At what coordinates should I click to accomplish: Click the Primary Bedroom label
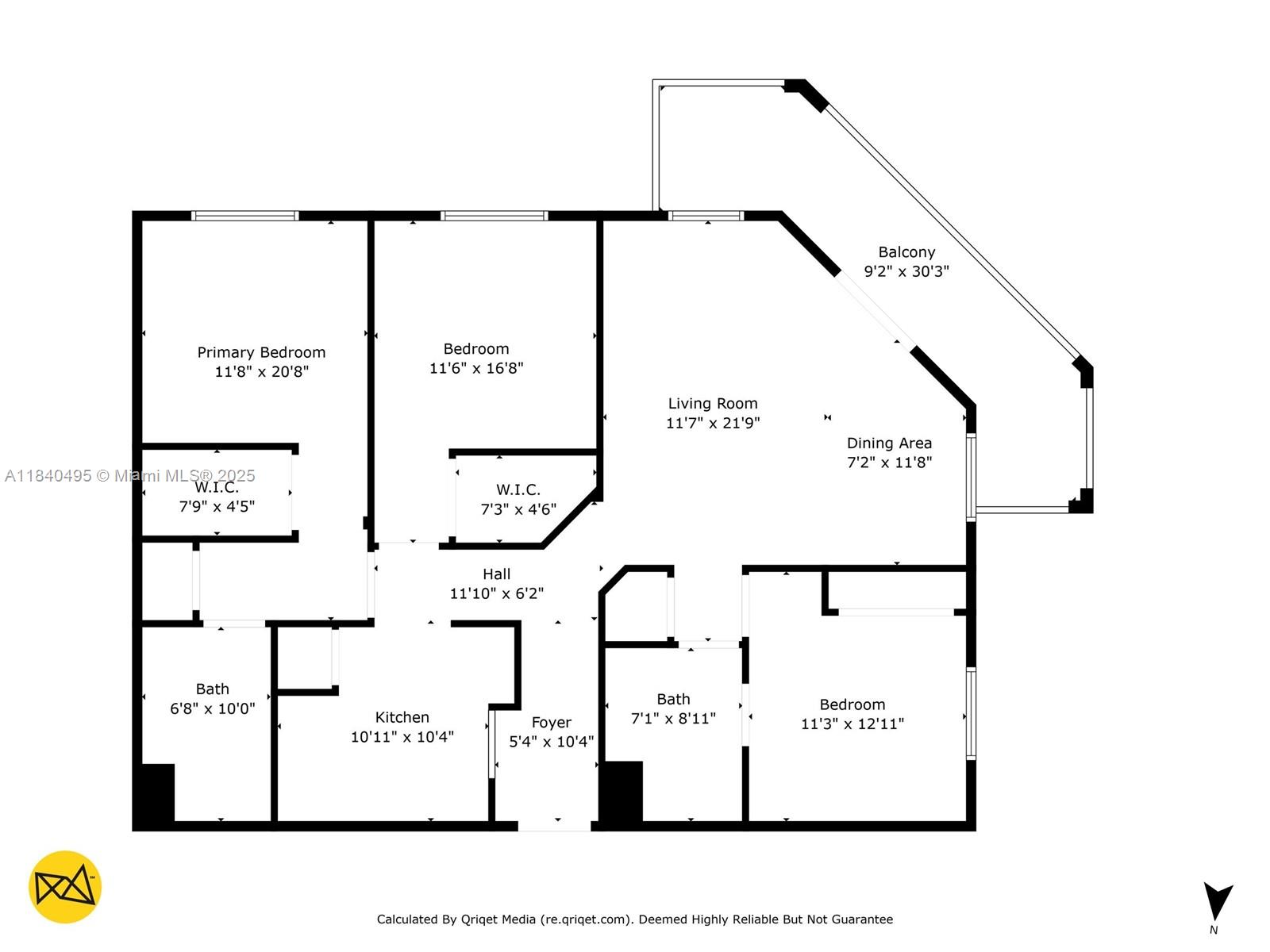(x=261, y=352)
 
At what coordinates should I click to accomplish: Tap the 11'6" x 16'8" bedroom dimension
(x=476, y=368)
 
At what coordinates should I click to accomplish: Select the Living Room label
(x=712, y=404)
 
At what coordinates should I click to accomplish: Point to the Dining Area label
(x=889, y=443)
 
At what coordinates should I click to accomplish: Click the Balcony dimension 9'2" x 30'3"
(x=906, y=271)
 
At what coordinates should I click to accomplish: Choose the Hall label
(x=496, y=574)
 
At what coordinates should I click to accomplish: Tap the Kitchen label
(x=402, y=717)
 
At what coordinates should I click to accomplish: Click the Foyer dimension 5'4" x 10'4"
(x=551, y=742)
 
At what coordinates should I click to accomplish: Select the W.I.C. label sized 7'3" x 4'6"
(x=518, y=490)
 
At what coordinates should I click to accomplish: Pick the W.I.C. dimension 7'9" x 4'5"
(x=217, y=506)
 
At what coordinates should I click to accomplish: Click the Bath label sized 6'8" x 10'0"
(x=212, y=689)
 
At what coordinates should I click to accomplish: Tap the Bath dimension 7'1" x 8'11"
(x=673, y=719)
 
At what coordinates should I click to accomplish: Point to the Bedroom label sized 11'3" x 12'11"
(x=852, y=704)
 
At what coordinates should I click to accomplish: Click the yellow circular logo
(x=65, y=887)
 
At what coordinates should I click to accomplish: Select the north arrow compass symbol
(x=1216, y=903)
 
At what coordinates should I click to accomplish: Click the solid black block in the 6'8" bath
(x=158, y=793)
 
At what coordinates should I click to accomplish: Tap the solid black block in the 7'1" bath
(x=623, y=791)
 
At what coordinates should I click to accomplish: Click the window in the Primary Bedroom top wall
(x=244, y=216)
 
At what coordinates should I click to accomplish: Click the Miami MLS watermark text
(x=130, y=476)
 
